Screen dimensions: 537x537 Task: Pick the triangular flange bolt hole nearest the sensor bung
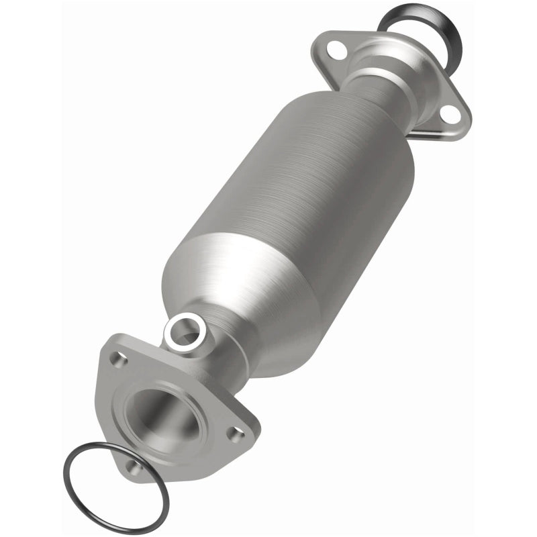(x=118, y=360)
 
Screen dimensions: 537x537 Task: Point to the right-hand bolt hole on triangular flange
(x=236, y=434)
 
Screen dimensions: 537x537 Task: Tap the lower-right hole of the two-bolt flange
(x=450, y=116)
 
